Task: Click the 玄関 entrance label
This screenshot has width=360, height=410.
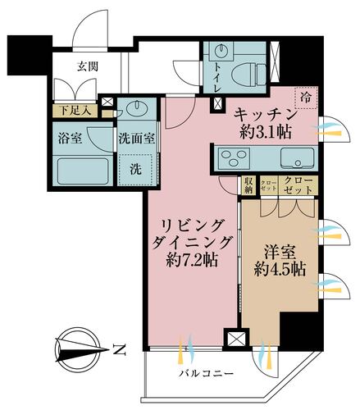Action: click(89, 67)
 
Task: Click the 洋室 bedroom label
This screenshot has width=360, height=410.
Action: click(279, 249)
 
